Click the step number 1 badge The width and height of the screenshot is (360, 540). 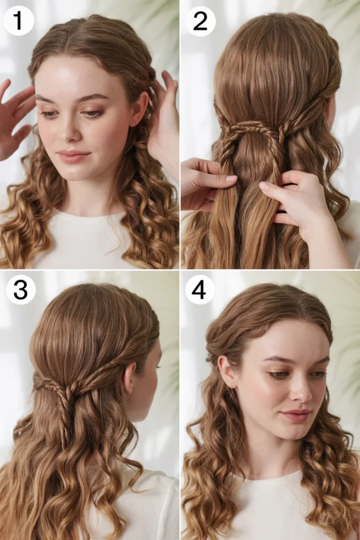click(x=18, y=21)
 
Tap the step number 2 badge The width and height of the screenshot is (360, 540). click(x=200, y=21)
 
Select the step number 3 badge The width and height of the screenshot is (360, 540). click(x=21, y=290)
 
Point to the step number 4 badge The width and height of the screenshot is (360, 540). click(x=200, y=290)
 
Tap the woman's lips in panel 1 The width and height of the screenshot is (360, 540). click(x=73, y=156)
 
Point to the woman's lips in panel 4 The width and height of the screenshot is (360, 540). click(x=295, y=415)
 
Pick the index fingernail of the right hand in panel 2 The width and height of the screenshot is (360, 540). click(x=264, y=186)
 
